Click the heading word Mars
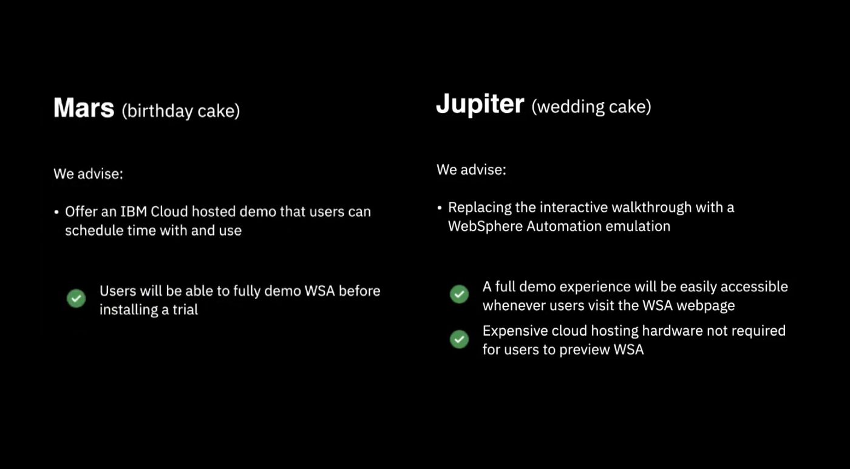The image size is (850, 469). coord(84,109)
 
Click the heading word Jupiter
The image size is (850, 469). coord(480,104)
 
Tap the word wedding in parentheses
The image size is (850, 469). coord(569,107)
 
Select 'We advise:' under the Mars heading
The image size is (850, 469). coord(88,174)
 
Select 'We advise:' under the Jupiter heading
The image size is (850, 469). coord(471,169)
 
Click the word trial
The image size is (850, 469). coord(185,309)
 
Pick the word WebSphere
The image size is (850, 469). coord(477,226)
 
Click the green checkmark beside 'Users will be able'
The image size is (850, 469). coord(76,299)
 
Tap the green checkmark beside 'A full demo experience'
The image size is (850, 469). coord(459,294)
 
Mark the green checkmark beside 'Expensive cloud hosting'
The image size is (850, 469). coord(459,339)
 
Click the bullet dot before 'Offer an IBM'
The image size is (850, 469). coord(56,212)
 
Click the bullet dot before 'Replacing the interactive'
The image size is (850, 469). coord(440,208)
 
